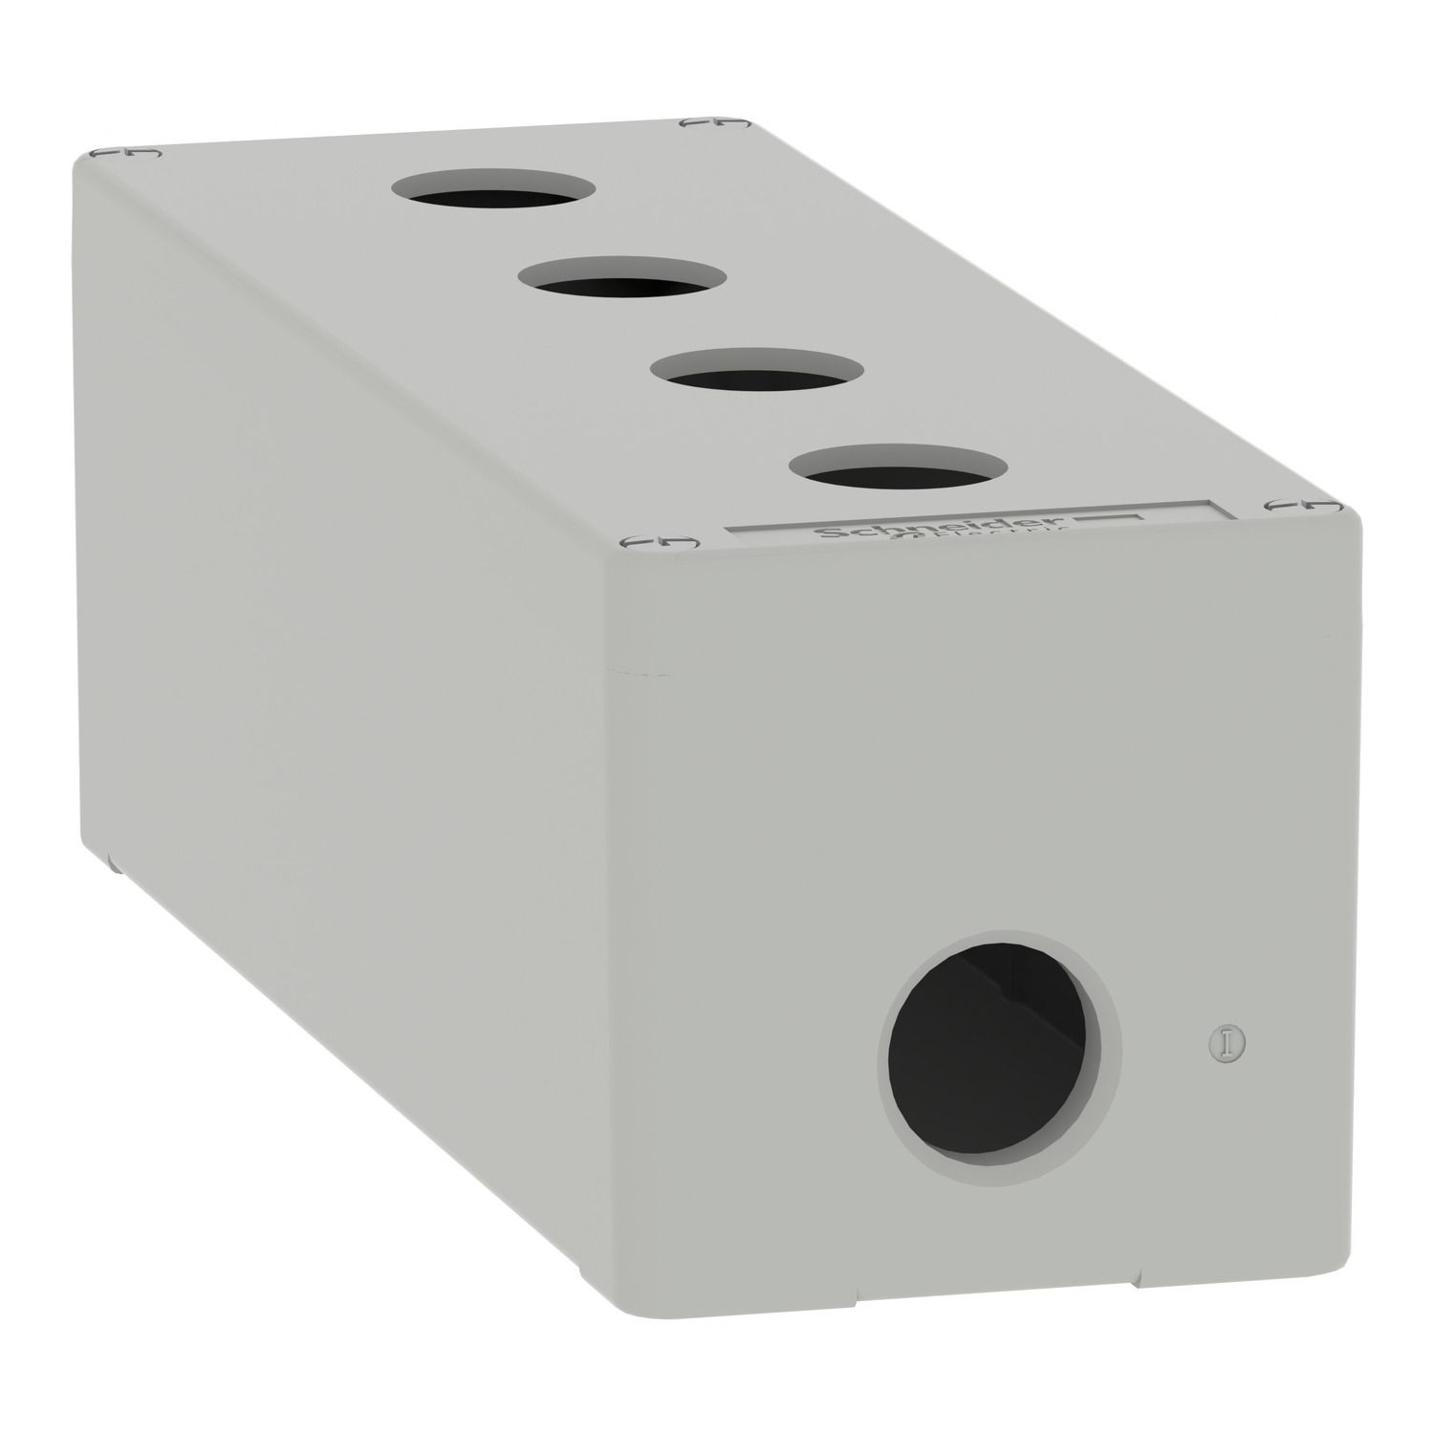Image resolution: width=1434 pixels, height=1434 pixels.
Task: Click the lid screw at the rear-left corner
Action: tap(123, 153)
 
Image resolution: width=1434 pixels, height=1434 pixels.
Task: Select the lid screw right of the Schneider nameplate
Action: tap(1292, 504)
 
